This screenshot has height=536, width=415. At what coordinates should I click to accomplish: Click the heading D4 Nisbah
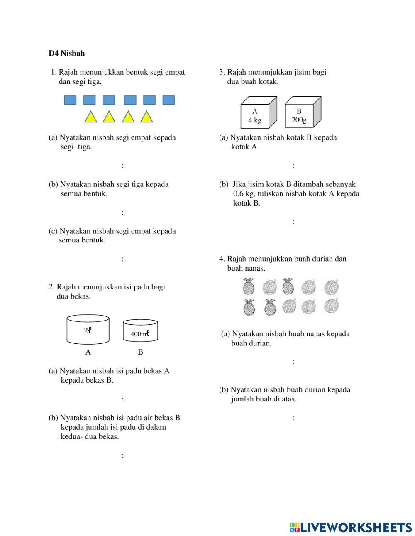(66, 53)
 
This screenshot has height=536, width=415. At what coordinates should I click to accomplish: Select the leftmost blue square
(70, 100)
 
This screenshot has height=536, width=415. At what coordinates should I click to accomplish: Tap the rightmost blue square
(168, 100)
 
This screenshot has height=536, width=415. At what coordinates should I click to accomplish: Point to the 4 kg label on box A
(255, 120)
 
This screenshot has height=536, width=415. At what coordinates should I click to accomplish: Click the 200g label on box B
(299, 120)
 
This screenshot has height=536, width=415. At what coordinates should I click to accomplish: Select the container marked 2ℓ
(88, 330)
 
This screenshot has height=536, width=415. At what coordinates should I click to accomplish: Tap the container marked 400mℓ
(140, 330)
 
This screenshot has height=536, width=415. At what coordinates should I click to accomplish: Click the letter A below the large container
(88, 352)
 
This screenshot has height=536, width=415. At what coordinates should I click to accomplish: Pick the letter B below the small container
(140, 352)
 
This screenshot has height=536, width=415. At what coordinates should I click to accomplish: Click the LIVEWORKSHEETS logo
(351, 527)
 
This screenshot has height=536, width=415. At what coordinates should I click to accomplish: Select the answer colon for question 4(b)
(293, 418)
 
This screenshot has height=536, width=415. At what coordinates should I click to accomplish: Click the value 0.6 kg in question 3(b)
(244, 194)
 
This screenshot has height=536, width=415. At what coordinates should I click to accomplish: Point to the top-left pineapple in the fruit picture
(249, 286)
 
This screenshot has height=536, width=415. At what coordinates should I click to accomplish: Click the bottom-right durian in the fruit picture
(331, 306)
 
